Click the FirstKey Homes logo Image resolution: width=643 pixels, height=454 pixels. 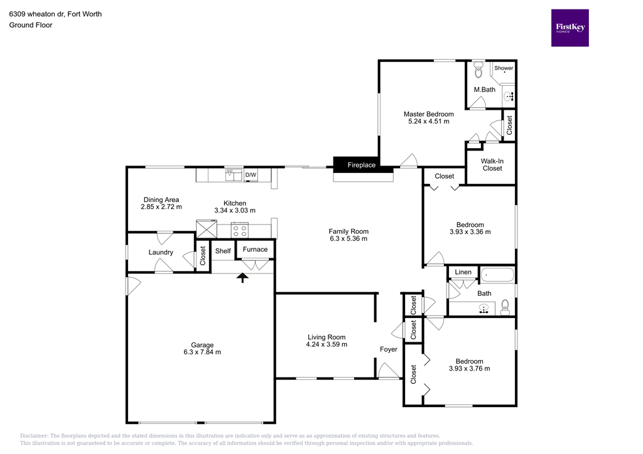tap(570, 28)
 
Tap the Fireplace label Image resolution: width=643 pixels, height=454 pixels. tap(362, 165)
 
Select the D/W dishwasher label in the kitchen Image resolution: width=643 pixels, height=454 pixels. tap(251, 175)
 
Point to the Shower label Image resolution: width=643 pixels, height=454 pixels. tap(504, 68)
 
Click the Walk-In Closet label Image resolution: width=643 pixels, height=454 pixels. tap(492, 164)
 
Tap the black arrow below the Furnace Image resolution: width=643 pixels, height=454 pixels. tap(242, 277)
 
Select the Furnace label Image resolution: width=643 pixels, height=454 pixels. tap(255, 250)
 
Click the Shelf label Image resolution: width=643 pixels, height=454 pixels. tap(223, 251)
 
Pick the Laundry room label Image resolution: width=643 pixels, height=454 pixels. tap(161, 252)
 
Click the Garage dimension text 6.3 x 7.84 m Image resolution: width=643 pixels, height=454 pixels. tap(202, 352)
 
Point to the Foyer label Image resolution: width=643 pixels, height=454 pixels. tap(389, 349)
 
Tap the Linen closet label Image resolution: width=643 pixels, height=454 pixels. tap(463, 272)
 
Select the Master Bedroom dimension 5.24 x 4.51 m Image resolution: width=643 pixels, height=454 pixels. tap(428, 122)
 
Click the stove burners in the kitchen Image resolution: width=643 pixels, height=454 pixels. tap(240, 230)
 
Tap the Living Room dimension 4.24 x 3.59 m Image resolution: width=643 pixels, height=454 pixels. tap(326, 345)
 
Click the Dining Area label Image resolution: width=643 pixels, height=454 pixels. tap(161, 200)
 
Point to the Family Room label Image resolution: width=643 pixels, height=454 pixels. tap(349, 231)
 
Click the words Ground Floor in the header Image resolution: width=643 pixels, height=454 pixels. tap(31, 25)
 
